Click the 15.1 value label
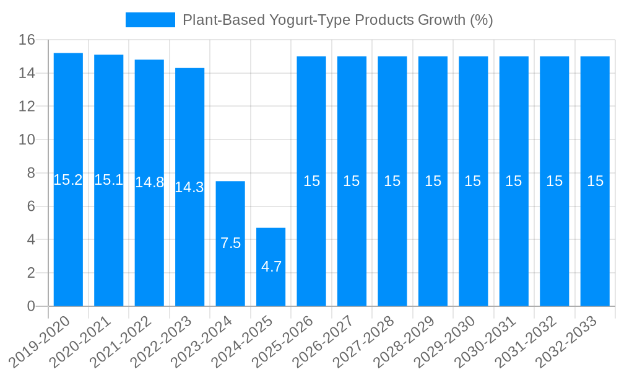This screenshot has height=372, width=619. point(108,180)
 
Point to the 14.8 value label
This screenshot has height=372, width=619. point(149,182)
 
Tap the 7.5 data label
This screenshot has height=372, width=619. point(230,243)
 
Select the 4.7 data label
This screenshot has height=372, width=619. point(271,267)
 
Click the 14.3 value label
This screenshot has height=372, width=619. point(189,187)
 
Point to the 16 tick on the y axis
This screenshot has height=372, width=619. point(27,40)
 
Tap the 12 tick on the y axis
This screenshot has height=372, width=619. point(27,107)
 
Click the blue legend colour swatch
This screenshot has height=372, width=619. point(150,20)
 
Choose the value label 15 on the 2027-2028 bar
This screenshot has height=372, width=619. point(392,181)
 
